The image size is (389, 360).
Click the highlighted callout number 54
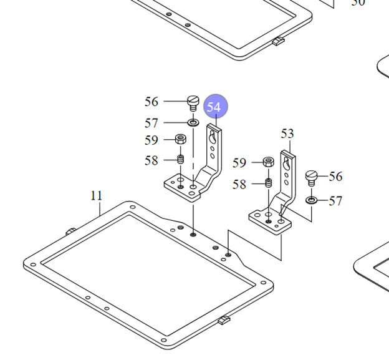click(215, 106)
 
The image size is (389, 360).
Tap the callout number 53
click(287, 134)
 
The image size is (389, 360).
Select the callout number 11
click(96, 196)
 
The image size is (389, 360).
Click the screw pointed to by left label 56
click(193, 104)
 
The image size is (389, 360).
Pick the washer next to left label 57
click(193, 122)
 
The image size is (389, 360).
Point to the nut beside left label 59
click(181, 139)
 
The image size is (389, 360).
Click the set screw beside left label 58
click(181, 159)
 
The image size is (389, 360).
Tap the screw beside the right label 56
click(311, 178)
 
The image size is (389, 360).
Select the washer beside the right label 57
click(311, 200)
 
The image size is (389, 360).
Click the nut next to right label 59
click(268, 162)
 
